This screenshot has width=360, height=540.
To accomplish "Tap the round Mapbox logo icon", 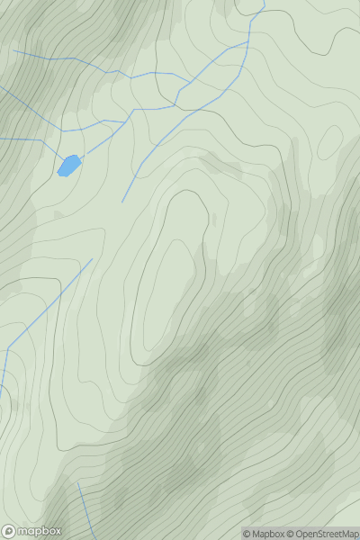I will click(10, 530).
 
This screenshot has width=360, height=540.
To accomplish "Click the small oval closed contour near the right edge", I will click(329, 141).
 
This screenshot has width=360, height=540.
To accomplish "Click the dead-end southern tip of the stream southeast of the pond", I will click(122, 202).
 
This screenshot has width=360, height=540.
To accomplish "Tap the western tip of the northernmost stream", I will click(13, 51).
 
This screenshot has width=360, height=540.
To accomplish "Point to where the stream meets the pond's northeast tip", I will click(79, 157).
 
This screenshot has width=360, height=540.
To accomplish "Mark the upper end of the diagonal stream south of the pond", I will click(92, 260).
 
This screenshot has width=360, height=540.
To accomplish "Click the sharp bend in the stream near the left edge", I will click(8, 349).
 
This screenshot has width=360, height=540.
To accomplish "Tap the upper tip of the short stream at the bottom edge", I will click(77, 483).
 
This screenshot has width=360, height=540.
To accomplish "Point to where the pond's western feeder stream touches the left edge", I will click(1, 139).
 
